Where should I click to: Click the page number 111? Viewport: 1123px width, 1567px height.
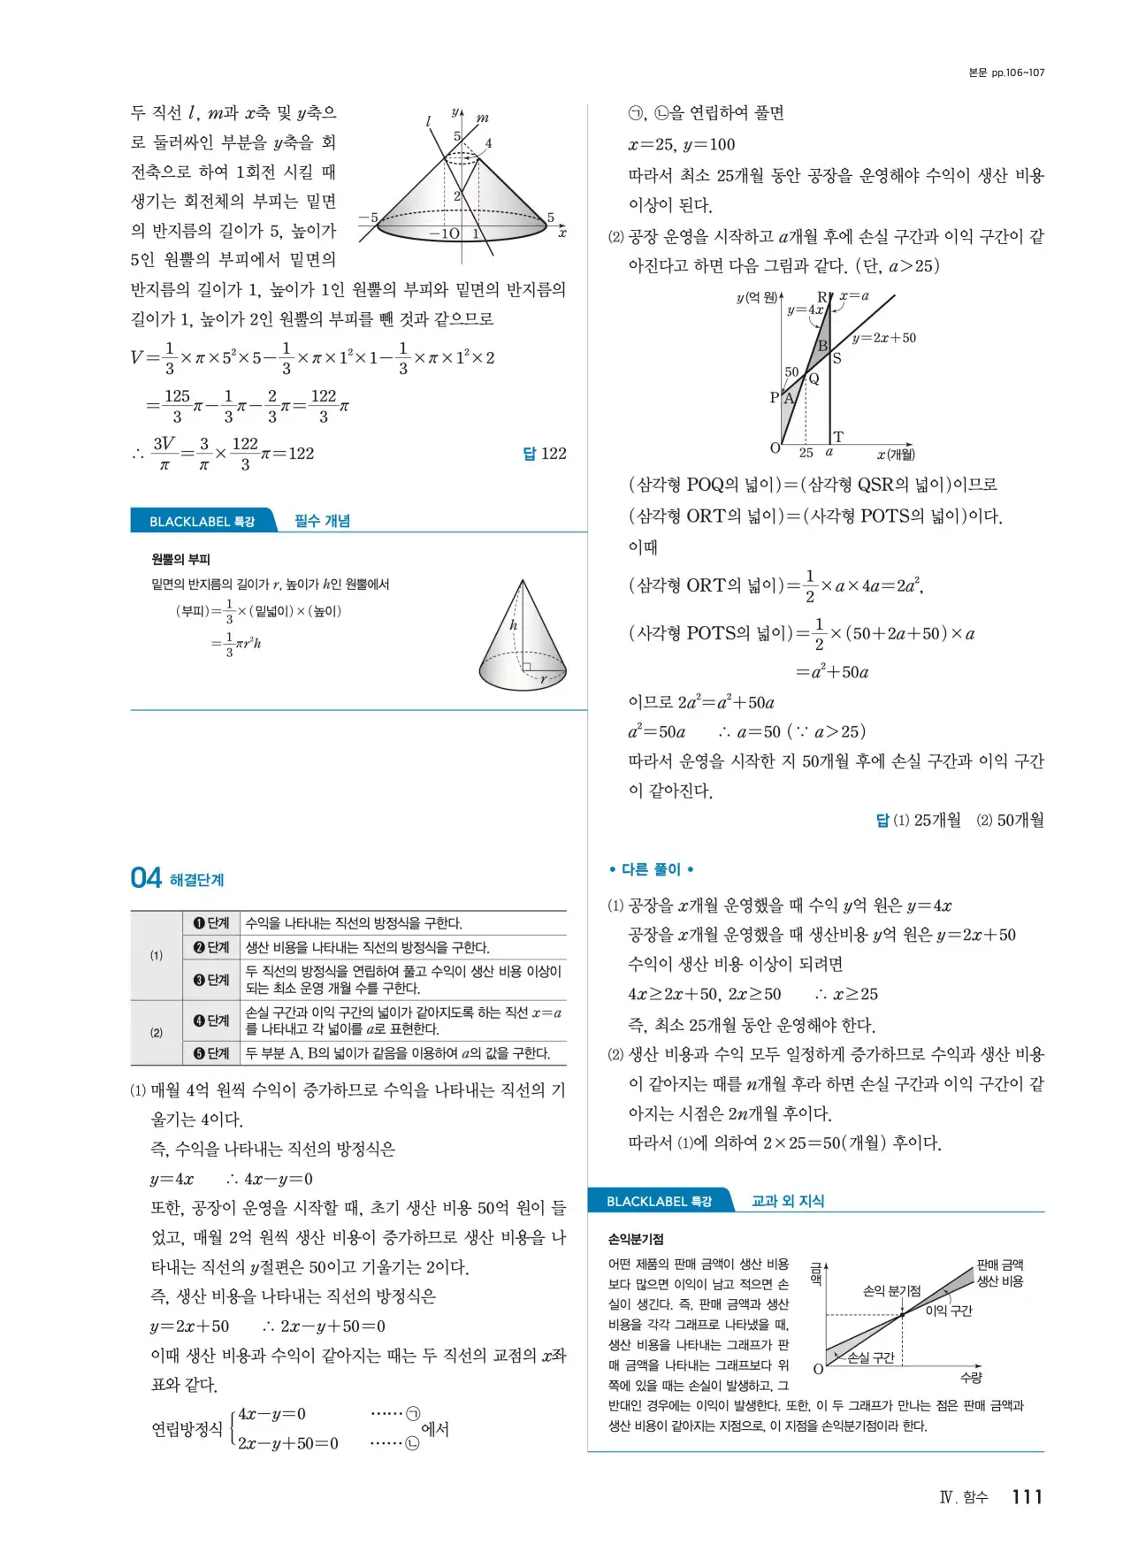point(1027,1496)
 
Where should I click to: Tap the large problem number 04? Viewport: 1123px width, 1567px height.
point(146,878)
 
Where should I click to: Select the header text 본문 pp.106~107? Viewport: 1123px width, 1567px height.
point(1006,73)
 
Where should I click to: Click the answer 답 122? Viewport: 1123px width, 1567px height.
point(544,454)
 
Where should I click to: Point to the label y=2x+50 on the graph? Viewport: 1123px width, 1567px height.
point(883,338)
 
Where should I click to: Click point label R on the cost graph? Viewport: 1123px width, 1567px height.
point(821,297)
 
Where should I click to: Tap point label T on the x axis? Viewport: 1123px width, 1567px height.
point(838,437)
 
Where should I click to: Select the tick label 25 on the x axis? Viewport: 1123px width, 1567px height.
point(806,453)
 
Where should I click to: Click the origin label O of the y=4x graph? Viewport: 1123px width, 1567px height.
point(775,448)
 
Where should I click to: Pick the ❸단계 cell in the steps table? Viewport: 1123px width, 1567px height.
point(211,980)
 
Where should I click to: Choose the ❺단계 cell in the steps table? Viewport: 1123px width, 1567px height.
point(211,1053)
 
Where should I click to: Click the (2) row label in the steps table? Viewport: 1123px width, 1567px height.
point(157,1032)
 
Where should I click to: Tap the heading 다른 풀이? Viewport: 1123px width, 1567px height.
point(651,869)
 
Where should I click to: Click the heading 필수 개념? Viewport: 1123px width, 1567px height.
point(322,521)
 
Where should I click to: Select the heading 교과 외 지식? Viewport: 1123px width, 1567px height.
point(787,1201)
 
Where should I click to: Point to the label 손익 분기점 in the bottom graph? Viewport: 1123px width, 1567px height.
point(891,1290)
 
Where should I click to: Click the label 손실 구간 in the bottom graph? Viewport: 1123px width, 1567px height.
point(870,1357)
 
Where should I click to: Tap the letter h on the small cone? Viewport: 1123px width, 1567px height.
point(513,625)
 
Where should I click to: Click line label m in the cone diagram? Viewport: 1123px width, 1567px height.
point(483,118)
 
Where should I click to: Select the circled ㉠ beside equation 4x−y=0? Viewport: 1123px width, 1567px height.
point(412,1414)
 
